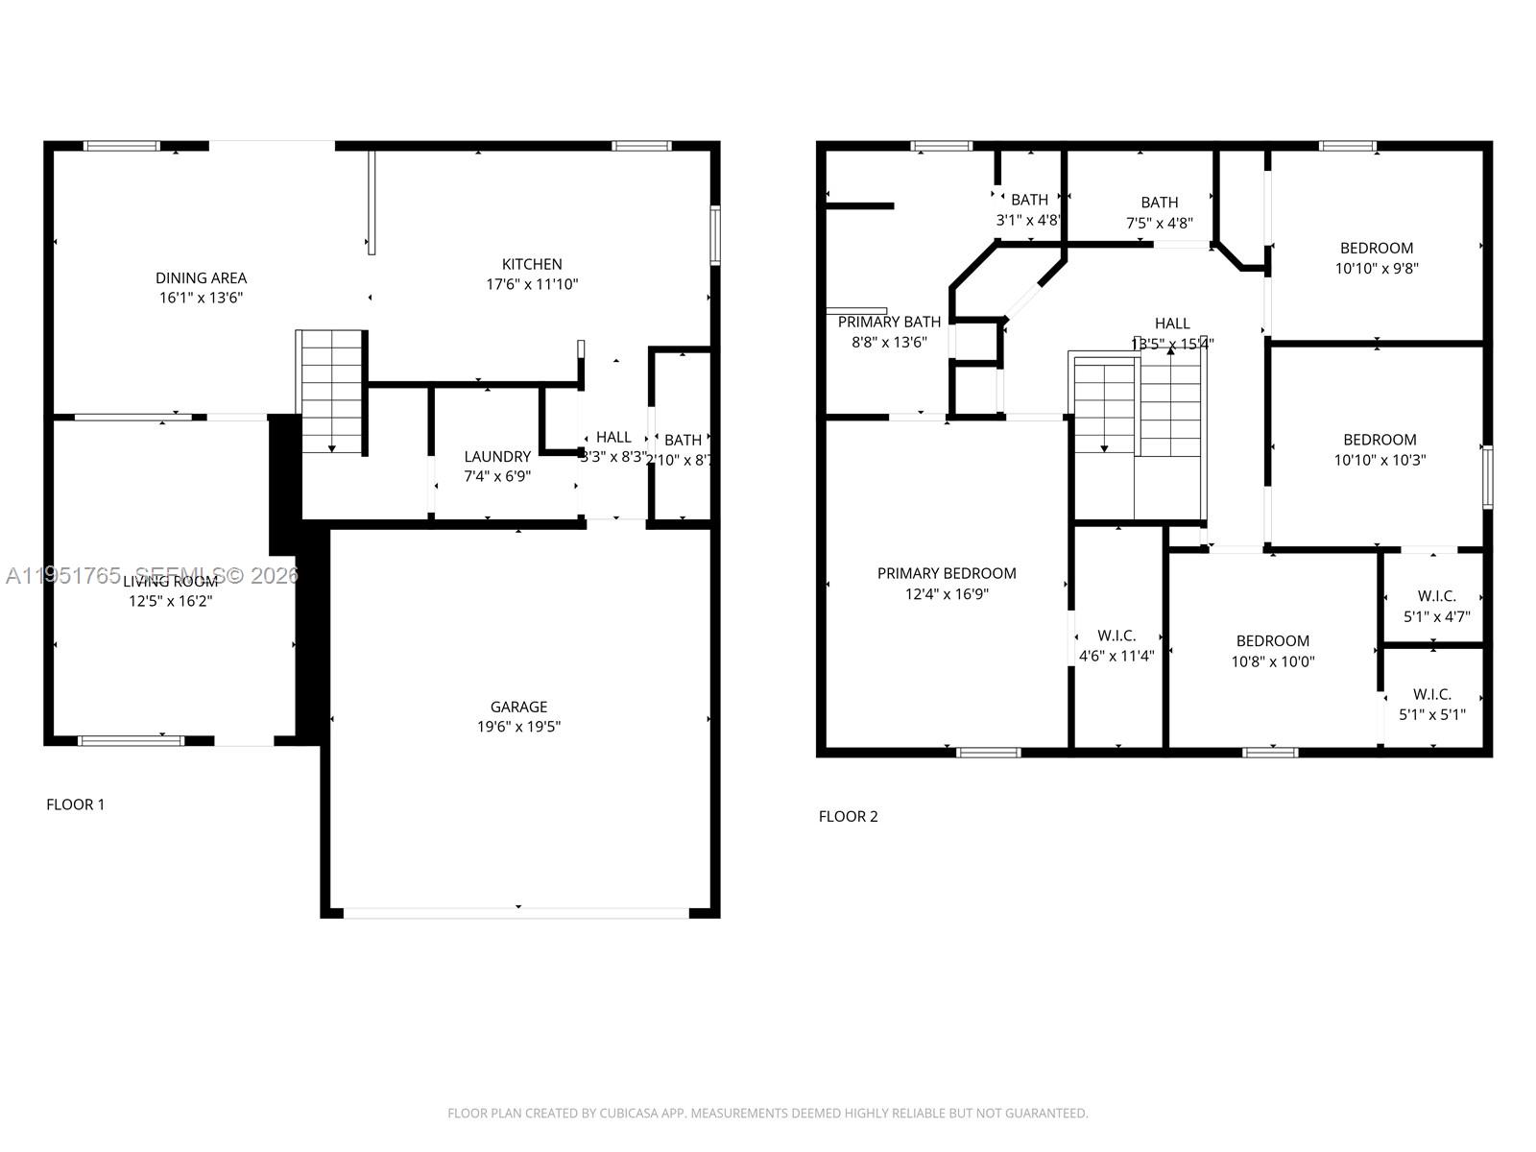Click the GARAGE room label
coord(518,707)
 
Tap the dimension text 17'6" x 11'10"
coord(532,284)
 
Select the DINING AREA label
coord(201,277)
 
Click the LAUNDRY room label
coord(497,456)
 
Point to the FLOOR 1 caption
coord(75,804)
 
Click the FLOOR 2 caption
coord(848,816)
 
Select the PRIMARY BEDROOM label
coord(947,573)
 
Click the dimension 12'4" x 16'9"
coord(947,594)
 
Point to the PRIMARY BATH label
coord(889,322)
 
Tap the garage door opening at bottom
coord(516,913)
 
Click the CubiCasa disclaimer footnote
coord(768,1114)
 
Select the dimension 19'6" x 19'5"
coord(518,727)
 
